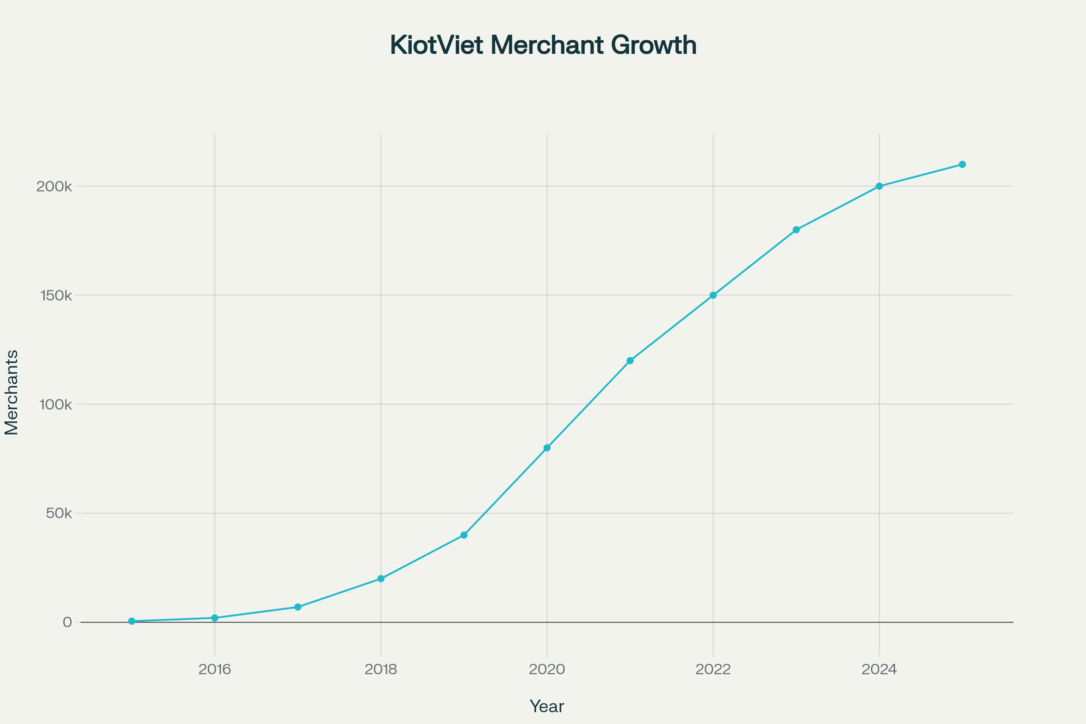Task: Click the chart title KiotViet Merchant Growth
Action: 543,45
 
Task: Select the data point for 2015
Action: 132,621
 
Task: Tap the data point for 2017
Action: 298,607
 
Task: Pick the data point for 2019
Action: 464,535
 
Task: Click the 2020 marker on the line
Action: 547,448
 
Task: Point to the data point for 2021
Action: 630,361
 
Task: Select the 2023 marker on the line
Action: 796,230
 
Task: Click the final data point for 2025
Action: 962,164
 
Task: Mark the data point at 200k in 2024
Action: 879,186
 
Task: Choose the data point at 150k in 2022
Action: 713,295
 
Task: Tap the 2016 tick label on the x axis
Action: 214,670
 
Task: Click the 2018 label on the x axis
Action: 381,670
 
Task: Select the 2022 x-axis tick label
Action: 713,670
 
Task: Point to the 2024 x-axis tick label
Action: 879,670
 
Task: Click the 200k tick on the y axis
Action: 54,187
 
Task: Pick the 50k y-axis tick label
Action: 59,514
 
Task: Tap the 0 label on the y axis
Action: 67,623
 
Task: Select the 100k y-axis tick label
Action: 56,405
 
